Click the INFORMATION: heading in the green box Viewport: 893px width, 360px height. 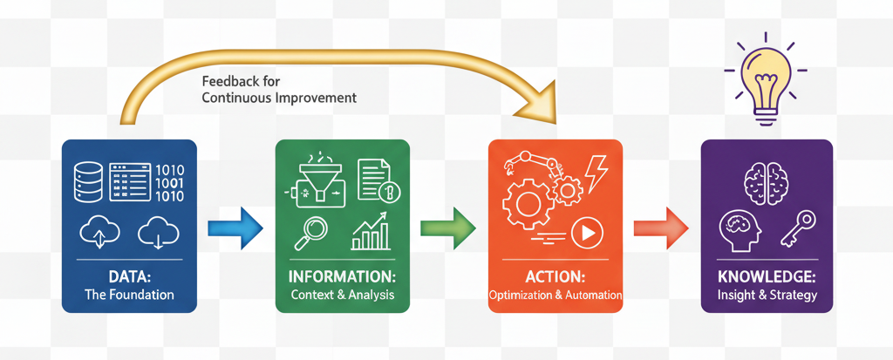point(342,277)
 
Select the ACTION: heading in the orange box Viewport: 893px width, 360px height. point(555,277)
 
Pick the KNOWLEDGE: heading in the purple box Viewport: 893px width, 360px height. point(767,277)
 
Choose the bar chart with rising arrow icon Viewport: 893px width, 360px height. point(371,231)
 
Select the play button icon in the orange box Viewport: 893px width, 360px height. point(588,232)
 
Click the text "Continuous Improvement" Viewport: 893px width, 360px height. point(279,98)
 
